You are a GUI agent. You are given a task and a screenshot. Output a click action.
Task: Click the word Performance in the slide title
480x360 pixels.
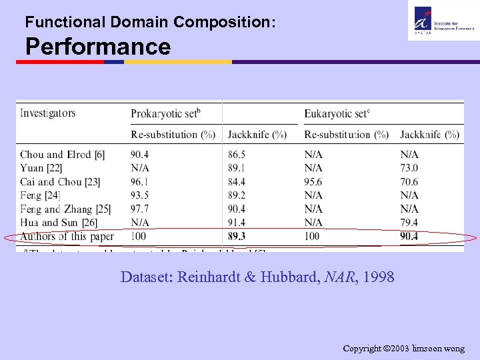coord(98,47)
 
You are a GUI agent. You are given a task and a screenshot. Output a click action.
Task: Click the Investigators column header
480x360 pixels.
coord(47,113)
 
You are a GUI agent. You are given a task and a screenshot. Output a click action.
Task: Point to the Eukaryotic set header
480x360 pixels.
coord(337,113)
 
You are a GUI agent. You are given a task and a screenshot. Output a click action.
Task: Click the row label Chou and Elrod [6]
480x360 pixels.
coord(62,155)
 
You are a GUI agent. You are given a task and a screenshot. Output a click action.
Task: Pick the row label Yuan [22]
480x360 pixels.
coord(41,168)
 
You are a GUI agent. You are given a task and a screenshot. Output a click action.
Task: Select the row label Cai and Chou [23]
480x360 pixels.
coord(60,181)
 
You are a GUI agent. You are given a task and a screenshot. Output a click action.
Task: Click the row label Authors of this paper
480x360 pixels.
coord(67,236)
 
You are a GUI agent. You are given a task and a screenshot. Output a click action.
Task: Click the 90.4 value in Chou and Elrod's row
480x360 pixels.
coord(141,155)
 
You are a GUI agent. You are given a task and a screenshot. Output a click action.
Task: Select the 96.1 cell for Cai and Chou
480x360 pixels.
coord(141,181)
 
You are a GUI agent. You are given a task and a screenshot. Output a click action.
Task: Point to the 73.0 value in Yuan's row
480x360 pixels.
coord(409,168)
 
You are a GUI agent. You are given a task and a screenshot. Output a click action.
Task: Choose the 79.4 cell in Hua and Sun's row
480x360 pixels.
coord(409,222)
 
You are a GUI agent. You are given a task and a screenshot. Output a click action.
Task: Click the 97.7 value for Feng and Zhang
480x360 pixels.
coord(141,209)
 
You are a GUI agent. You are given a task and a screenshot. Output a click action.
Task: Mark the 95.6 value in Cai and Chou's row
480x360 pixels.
coord(313,181)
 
